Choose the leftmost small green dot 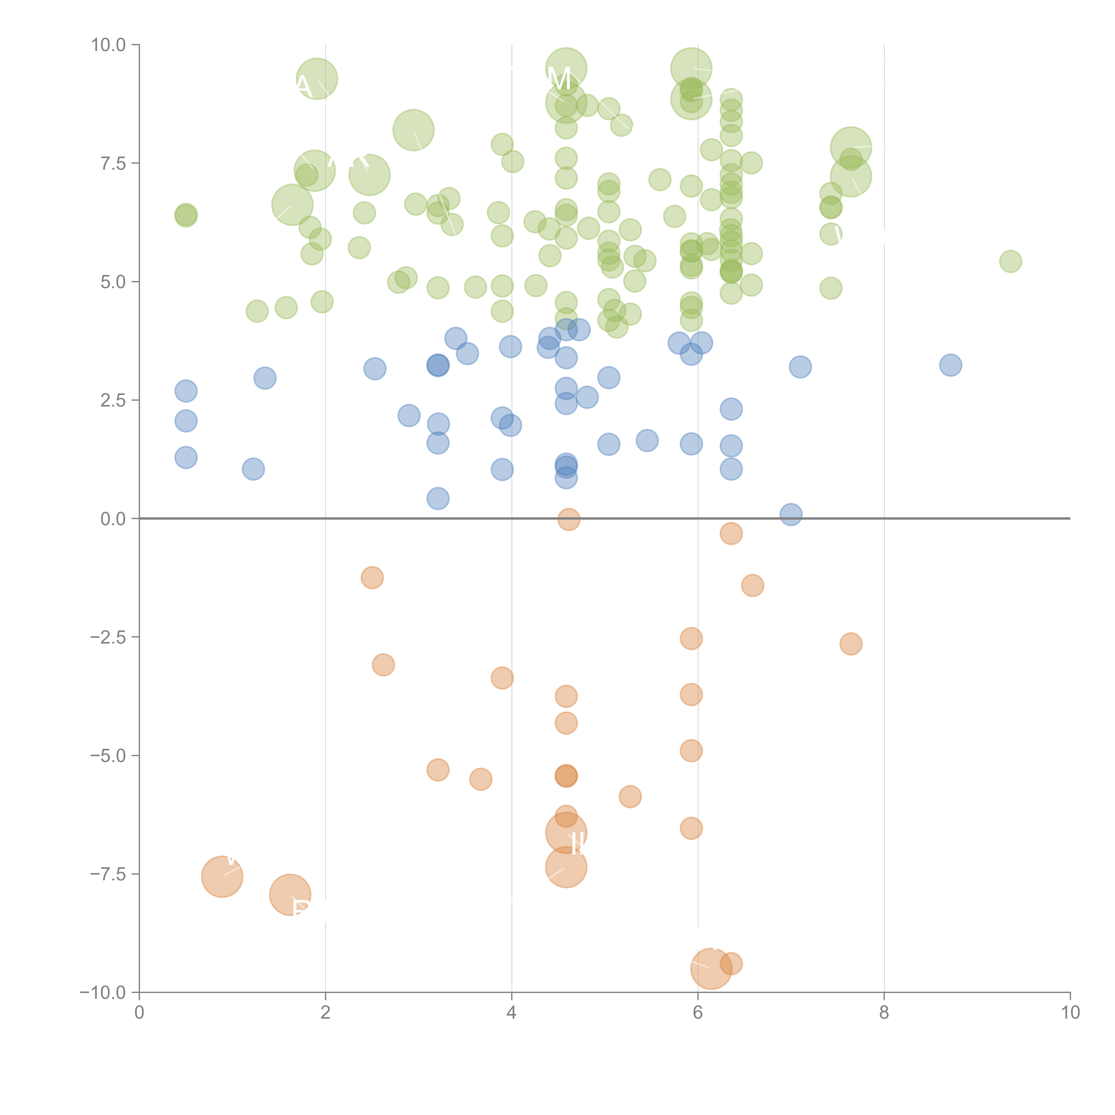point(186,215)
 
